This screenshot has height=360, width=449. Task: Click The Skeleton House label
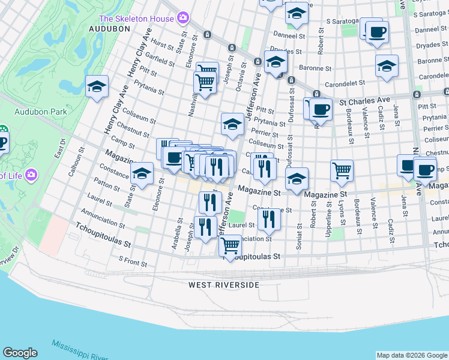136,19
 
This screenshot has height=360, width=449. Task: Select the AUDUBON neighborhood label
109,28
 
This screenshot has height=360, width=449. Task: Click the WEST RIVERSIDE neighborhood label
224,284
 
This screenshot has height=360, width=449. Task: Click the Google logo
20,353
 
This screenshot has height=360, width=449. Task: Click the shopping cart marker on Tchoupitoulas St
231,245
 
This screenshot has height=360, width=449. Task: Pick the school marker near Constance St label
142,173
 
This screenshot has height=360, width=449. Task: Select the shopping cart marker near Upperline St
342,170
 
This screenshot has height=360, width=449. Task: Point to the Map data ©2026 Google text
412,355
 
